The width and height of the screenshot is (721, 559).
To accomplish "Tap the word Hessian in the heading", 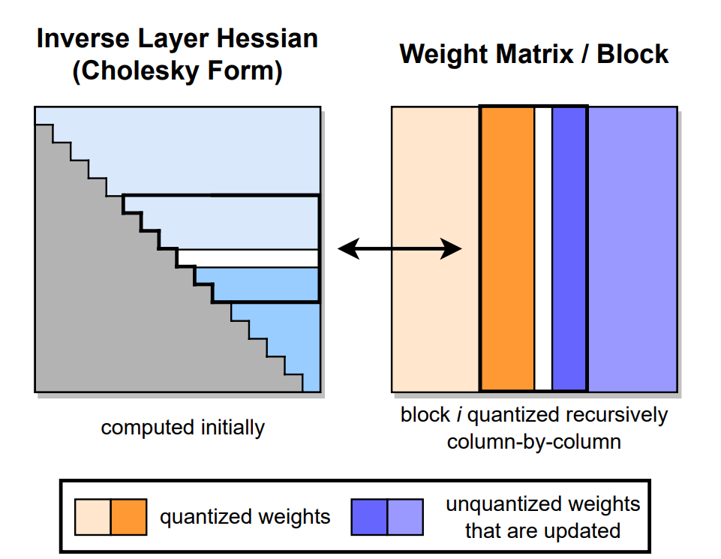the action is [267, 38].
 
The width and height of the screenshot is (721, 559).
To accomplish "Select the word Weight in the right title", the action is [441, 54].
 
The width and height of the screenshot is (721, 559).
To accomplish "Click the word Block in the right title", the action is [632, 54].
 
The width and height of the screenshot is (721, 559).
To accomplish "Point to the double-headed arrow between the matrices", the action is [400, 248].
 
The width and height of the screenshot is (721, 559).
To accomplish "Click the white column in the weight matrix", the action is [543, 248].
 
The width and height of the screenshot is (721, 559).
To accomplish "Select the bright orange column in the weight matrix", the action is [508, 248].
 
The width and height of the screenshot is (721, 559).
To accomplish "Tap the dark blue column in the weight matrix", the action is [569, 248].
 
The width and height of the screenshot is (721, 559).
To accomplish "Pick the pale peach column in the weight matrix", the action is [435, 248].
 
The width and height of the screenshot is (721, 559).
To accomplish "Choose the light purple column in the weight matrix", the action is [632, 248].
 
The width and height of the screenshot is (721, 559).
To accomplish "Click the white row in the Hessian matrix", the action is [248, 258].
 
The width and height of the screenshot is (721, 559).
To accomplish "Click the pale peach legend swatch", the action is [93, 517].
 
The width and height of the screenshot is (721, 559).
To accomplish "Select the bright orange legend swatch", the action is [129, 517].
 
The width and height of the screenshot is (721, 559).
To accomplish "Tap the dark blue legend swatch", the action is [369, 517].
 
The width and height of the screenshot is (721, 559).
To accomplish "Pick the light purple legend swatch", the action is [405, 517].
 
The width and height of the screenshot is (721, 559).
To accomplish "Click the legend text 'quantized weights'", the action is [245, 517].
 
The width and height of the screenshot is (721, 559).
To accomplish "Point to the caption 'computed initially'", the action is [183, 428].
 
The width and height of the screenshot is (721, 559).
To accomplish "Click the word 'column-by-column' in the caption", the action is [534, 442].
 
